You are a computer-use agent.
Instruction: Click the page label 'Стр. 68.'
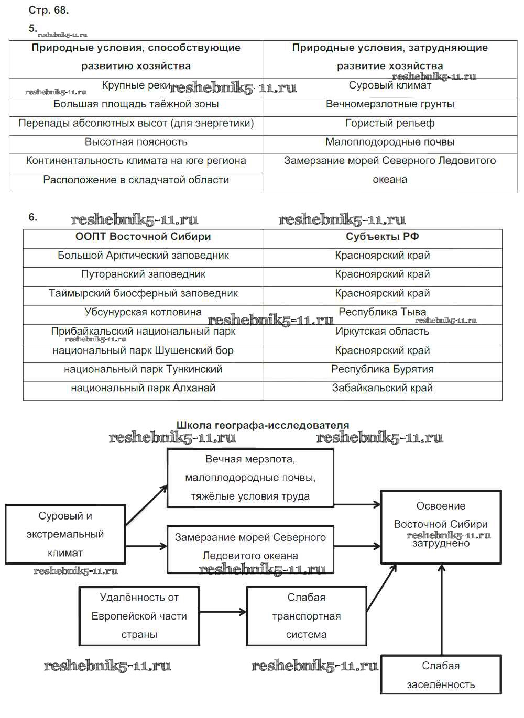click(49, 10)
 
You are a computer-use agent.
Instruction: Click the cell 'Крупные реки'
click(136, 85)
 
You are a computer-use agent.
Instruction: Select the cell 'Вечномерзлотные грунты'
click(390, 104)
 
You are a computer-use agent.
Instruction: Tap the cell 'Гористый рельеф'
click(390, 123)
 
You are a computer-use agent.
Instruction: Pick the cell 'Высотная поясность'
click(136, 142)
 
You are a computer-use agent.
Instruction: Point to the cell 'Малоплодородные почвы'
click(390, 142)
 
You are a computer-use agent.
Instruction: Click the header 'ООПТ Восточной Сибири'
click(143, 237)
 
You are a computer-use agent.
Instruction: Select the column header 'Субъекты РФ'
click(383, 237)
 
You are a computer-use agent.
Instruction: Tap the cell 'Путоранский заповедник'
click(143, 274)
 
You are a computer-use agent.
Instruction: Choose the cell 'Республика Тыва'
click(383, 312)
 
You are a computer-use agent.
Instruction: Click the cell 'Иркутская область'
click(383, 332)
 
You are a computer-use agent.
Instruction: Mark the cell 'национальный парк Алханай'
click(143, 388)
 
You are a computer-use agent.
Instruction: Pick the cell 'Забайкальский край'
click(383, 388)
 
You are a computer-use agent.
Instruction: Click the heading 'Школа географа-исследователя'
click(263, 425)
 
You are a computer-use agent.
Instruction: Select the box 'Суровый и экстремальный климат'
click(65, 534)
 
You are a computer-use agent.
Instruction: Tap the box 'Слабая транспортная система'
click(307, 616)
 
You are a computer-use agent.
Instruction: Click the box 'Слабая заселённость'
click(441, 675)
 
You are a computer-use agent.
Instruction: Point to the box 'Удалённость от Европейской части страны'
click(139, 616)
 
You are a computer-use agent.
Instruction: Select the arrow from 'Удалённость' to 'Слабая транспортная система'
click(223, 612)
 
